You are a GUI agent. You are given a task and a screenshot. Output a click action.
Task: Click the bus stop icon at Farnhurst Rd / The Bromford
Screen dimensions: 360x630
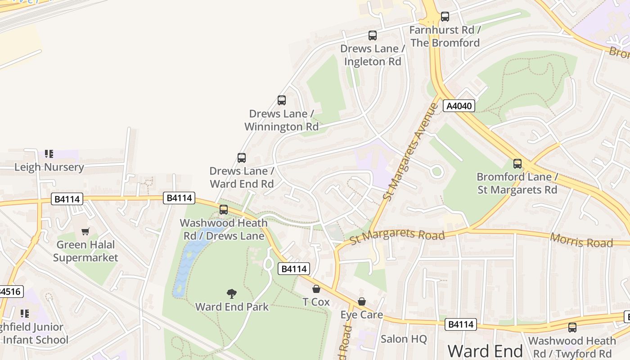click(x=445, y=17)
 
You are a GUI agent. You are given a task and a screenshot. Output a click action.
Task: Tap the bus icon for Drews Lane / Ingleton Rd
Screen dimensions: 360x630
click(x=372, y=35)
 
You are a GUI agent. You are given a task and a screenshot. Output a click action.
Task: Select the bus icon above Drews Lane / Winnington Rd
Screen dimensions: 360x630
click(x=282, y=100)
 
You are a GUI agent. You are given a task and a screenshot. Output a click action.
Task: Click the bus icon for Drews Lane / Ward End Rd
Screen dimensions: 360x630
click(x=242, y=158)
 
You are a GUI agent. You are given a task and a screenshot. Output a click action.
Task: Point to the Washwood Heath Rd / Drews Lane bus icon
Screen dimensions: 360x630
click(x=224, y=210)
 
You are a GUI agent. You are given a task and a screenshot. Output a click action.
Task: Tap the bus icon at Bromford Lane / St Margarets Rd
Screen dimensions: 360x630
click(x=517, y=164)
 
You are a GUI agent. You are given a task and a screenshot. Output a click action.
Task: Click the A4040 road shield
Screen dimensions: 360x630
click(x=459, y=106)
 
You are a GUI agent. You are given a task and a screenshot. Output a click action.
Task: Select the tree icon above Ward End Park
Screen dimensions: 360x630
click(x=232, y=294)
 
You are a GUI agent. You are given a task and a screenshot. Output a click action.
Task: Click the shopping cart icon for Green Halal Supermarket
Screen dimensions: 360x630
click(x=85, y=232)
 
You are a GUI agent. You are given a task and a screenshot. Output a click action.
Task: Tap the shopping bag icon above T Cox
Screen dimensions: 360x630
click(x=316, y=289)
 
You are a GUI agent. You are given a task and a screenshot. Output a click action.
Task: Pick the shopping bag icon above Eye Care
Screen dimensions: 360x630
click(x=362, y=301)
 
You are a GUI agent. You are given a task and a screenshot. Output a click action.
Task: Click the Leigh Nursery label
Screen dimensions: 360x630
click(x=49, y=167)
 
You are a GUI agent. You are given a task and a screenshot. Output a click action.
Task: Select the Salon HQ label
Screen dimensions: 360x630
click(x=404, y=339)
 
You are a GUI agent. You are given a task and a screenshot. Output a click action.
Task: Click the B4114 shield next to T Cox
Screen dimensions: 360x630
click(x=294, y=269)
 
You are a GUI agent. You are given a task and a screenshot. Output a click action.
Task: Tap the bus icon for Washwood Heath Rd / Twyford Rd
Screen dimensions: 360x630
click(x=572, y=328)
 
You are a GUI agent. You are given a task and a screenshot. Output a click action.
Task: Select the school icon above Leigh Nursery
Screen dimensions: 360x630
click(x=49, y=154)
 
